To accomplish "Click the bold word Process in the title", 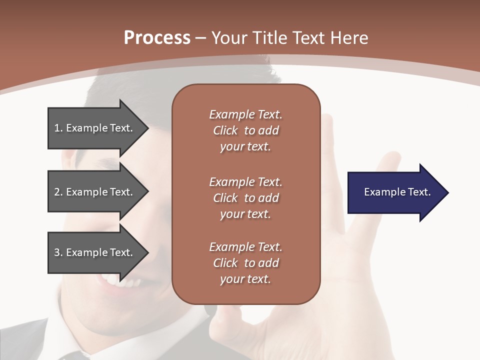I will pyautogui.click(x=157, y=38).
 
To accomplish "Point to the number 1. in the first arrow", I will pyautogui.click(x=58, y=128).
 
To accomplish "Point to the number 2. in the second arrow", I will pyautogui.click(x=58, y=192).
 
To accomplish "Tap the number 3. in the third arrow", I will pyautogui.click(x=58, y=252).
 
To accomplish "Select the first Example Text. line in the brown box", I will pyautogui.click(x=245, y=114).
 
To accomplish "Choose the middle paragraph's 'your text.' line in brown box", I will pyautogui.click(x=245, y=214).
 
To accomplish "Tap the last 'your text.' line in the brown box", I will pyautogui.click(x=245, y=279).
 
